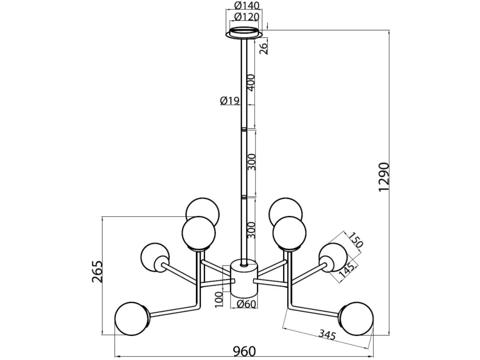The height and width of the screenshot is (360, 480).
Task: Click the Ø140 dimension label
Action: pos(246,5)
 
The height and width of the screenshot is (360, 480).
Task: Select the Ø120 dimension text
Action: pos(246,16)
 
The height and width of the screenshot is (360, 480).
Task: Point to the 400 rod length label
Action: pos(251,83)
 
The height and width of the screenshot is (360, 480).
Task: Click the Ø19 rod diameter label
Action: pos(230,101)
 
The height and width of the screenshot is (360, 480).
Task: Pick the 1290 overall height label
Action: pos(384,177)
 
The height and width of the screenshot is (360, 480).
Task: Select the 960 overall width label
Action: pos(244,352)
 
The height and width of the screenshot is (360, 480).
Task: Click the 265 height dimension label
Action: pos(97,272)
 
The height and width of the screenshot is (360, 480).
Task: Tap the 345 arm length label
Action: pos(327,335)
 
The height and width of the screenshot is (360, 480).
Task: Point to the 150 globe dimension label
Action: pos(355,241)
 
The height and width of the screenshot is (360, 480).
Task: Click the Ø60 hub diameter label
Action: pos(246,304)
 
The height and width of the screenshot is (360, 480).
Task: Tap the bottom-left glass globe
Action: pos(132,319)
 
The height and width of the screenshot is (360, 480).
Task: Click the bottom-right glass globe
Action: pos(356,319)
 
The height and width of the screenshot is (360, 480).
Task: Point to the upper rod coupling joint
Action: pos(244,129)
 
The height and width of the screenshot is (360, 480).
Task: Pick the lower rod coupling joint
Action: pos(244,197)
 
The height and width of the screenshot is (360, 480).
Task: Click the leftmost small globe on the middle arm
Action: pos(155,257)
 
